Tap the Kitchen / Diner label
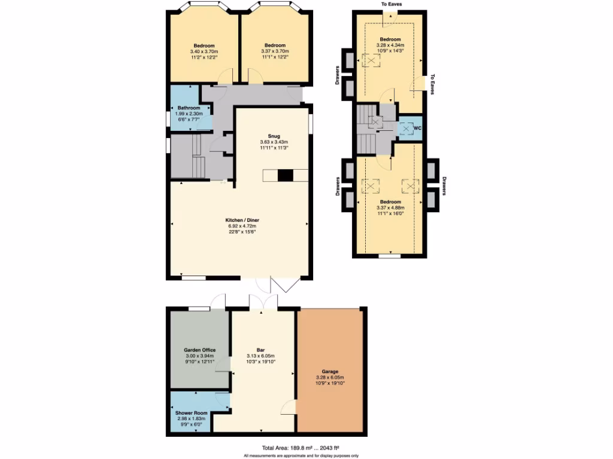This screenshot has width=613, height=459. (242, 220)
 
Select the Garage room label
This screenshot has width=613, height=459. (330, 371)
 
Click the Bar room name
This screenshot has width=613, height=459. (261, 350)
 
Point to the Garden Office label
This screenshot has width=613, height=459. (199, 350)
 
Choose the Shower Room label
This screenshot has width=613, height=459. (190, 413)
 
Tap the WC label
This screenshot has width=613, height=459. (418, 128)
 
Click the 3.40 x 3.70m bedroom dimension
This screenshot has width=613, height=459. (204, 52)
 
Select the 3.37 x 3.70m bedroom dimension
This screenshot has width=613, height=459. (275, 52)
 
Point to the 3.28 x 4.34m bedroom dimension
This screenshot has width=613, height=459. (390, 45)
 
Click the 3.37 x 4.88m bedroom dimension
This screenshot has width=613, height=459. (390, 207)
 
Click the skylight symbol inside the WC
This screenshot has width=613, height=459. (406, 128)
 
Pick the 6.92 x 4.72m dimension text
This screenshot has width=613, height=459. (242, 226)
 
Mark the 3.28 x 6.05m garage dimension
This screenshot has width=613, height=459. (330, 377)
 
